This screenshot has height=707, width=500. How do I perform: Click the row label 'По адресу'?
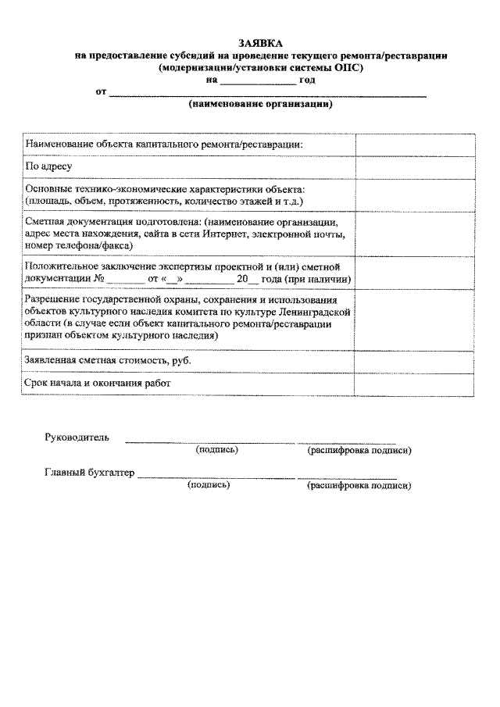tap(49, 167)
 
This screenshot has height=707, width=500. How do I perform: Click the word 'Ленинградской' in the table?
tap(313, 311)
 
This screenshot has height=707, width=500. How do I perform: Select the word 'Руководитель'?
tap(77, 437)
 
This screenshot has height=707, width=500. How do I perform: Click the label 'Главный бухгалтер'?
tap(90, 473)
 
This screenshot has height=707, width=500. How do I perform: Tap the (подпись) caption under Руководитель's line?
tap(217, 450)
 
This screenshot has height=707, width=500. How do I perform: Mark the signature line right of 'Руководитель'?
tap(209, 442)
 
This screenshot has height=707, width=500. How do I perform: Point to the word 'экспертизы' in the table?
tap(177, 267)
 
